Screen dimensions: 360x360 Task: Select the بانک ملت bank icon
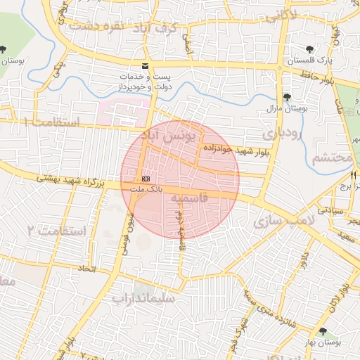pos(145,179)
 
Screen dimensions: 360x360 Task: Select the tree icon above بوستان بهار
pos(323,332)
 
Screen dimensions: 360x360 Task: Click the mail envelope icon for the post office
pos(145,66)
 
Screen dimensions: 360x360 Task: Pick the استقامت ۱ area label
pos(53,122)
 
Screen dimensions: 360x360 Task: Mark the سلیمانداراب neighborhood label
pos(148,297)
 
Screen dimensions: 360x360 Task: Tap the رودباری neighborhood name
pos(283,132)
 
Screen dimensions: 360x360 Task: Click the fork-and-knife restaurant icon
pos(355,175)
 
